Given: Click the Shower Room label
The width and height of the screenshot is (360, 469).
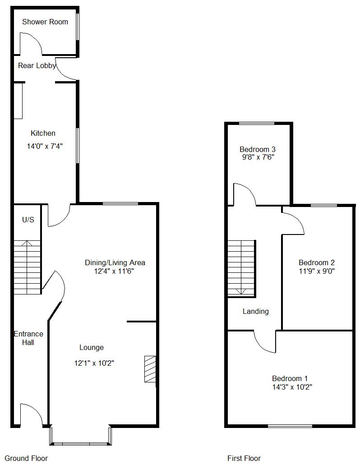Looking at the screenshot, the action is pos(45,22).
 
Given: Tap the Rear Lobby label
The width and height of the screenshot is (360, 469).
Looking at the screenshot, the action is pos(37,65).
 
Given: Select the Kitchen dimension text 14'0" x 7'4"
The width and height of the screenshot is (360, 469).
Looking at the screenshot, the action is pos(45,146).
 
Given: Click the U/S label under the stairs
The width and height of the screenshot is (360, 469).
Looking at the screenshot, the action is pos(28,220).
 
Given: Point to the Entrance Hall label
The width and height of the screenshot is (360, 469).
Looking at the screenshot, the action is pos(28,338).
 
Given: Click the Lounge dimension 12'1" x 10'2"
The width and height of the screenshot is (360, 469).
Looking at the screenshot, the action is pos(94,363).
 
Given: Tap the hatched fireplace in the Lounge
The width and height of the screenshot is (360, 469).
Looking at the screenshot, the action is pos(150,369).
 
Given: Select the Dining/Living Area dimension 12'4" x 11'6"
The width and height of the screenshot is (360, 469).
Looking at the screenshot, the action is pos(113,271).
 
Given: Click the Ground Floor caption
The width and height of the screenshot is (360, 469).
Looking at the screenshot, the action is pos(26,458).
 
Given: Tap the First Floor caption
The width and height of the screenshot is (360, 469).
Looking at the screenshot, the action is pos(244,458).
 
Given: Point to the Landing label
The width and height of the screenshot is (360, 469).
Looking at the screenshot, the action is pos(255,311).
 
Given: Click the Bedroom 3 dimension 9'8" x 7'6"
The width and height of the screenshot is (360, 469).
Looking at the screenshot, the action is pos(258,157).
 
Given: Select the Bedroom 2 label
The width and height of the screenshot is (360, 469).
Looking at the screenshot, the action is pos(317,262).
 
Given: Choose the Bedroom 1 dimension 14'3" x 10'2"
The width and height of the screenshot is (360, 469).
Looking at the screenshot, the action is pos(292,387).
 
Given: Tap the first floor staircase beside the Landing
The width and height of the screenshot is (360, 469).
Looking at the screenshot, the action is pos(241,269).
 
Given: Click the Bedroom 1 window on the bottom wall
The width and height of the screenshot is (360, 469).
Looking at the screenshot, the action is pos(290,426).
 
